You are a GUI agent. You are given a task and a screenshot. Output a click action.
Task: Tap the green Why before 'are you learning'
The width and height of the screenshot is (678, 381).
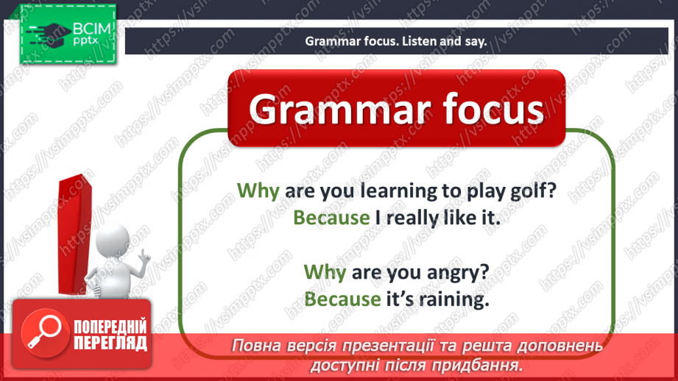tap(258, 191)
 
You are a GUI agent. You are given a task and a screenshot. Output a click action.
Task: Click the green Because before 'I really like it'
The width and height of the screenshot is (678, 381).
tap(331, 217)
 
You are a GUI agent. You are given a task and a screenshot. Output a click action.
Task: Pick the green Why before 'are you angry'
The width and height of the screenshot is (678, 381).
tap(325, 272)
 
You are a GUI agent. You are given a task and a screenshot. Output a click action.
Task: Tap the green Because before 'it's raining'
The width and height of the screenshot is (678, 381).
tap(342, 299)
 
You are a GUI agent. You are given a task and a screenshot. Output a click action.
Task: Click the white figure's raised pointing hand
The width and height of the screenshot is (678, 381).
tap(145, 257)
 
